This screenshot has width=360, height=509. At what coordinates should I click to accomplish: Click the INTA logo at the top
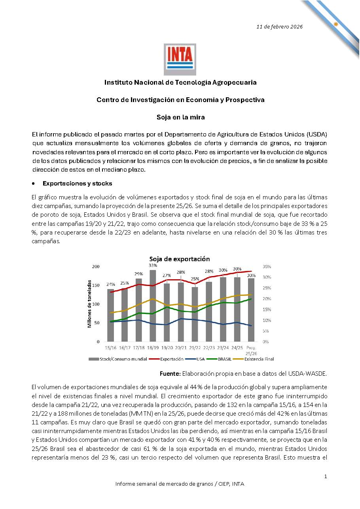coord(180,59)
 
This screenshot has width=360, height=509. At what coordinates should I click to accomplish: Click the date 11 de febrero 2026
coord(279,27)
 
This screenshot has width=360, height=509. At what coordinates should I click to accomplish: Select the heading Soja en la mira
coord(180,117)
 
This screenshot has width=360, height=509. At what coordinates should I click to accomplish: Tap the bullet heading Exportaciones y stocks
coord(77,184)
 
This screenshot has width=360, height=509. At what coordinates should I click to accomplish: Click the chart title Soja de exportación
coord(179,259)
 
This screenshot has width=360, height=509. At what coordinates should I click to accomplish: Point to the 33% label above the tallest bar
coord(153,265)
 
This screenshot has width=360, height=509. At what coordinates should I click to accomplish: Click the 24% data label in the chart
coord(110,284)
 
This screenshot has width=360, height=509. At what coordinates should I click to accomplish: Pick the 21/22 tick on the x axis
coord(195,348)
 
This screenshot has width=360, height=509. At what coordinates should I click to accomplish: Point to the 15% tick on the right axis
coord(267,309)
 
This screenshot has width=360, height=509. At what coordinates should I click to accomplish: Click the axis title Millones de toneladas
coord(89,304)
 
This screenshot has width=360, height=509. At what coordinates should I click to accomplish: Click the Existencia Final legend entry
coord(259,359)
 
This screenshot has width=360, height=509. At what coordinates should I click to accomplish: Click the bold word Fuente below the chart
coord(170,373)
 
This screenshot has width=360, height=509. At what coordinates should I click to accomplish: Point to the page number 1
coord(326,477)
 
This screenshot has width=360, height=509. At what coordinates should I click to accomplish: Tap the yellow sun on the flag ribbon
coord(335,24)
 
